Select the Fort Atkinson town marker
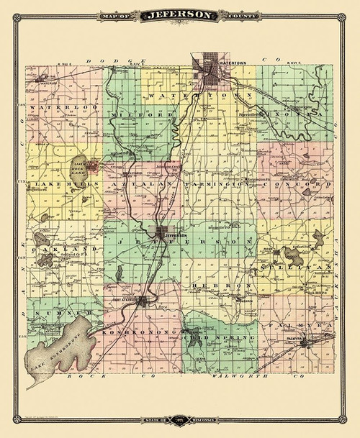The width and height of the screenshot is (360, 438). coord(144,301)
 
